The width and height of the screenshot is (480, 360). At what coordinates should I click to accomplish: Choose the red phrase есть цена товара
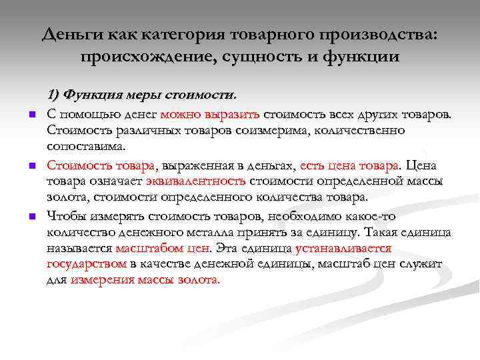350,164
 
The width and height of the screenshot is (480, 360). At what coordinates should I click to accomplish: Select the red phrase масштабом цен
163,249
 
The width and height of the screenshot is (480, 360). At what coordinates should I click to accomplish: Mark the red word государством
87,265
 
